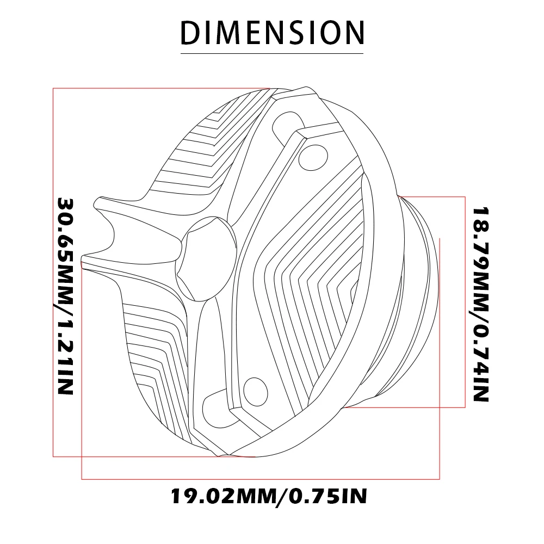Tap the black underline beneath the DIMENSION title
[271, 53]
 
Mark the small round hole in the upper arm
[312, 154]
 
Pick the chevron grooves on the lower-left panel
[152, 354]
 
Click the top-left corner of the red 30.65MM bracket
[53, 88]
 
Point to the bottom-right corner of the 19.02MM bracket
[440, 479]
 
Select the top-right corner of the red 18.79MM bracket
[466, 196]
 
